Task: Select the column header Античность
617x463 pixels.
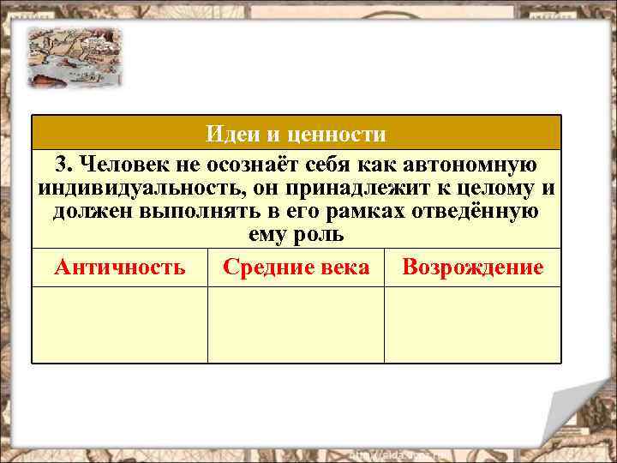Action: (119, 268)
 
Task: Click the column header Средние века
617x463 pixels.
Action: (296, 268)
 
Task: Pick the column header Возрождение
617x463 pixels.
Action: (472, 268)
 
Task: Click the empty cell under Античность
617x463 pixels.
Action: (119, 324)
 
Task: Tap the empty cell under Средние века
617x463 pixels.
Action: (296, 324)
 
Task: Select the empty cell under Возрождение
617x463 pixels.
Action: (472, 324)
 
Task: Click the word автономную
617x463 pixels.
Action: (472, 165)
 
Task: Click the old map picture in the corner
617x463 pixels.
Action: (74, 57)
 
